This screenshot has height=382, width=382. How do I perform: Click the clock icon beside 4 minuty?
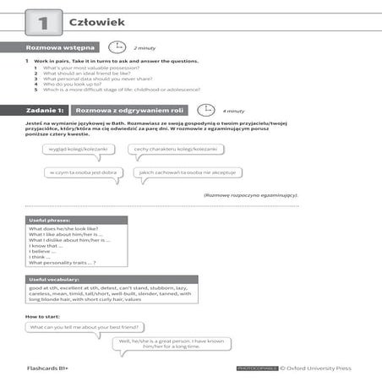click(x=205, y=110)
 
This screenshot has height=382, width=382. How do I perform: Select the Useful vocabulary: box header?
click(x=52, y=279)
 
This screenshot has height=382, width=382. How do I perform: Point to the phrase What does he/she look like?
click(x=62, y=229)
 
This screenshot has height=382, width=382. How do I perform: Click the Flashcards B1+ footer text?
click(x=49, y=369)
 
